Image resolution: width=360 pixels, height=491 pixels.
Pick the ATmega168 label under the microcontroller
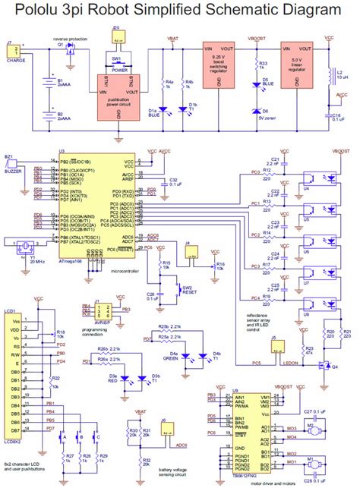[x=72, y=259]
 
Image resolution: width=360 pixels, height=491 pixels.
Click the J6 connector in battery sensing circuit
[x=163, y=426]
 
